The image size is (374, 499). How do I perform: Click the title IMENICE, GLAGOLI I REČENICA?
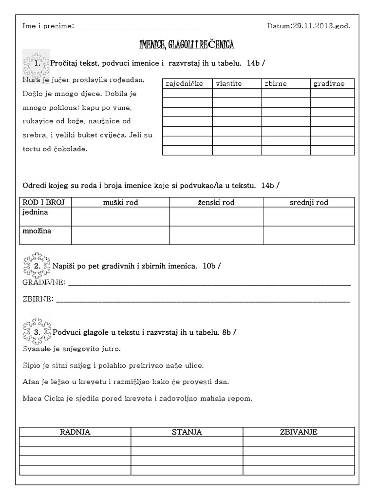[187, 45]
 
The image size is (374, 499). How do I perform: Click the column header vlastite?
[229, 83]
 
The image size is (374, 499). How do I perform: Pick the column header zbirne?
[276, 83]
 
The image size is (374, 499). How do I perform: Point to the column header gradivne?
[329, 83]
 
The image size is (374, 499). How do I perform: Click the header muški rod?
[120, 202]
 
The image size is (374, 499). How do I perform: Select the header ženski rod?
[216, 202]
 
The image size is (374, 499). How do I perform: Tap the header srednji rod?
[309, 202]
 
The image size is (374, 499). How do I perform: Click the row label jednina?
[36, 212]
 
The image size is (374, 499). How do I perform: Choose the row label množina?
[37, 231]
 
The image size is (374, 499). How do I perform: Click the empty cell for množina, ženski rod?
[216, 235]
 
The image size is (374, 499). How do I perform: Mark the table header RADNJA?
[75, 432]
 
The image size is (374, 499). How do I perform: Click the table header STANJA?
[187, 432]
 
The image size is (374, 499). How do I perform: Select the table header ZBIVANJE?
[299, 432]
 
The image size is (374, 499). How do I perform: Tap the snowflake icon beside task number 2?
[37, 265]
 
